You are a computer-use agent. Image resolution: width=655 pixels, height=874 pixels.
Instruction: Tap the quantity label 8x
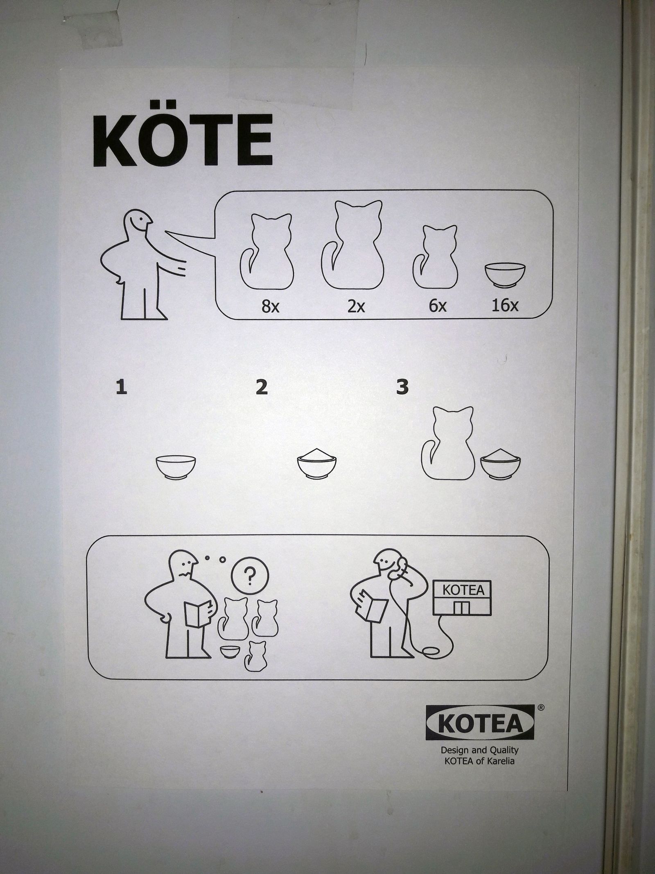(x=271, y=306)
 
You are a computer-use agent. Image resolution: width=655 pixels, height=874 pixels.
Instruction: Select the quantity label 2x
(x=356, y=306)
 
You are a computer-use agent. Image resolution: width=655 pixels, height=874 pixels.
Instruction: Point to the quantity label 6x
(x=438, y=306)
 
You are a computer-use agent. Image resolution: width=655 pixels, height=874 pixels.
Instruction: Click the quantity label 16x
(x=505, y=305)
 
